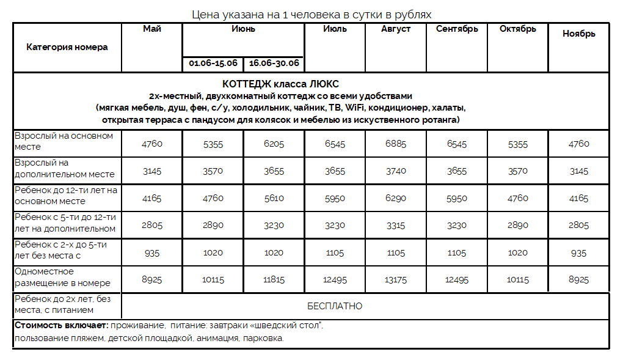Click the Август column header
pos(396,29)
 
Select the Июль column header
pos(335,29)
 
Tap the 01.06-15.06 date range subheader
pos(213,64)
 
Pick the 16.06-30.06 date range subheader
pos(274,64)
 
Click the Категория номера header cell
pos(67,47)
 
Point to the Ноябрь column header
pos(578,34)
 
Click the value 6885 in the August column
pos(396,144)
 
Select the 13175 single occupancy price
pos(396,280)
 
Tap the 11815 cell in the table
pos(274,280)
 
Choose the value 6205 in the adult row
pos(274,144)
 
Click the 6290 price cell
pos(396,198)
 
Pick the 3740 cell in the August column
pos(396,171)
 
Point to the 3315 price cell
pos(396,226)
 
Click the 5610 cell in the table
pos(274,198)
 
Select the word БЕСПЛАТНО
pos(335,306)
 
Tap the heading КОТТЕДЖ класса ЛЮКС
pos(280,84)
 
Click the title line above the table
pos(311,13)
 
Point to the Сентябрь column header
pos(457,29)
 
